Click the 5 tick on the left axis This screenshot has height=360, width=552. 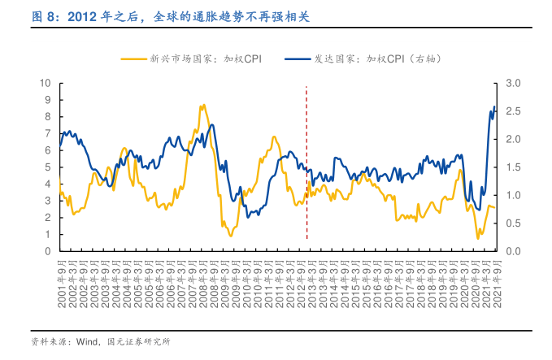48,167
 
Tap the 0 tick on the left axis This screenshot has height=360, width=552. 48,251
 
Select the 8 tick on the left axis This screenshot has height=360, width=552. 48,117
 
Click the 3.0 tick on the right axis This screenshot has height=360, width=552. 513,83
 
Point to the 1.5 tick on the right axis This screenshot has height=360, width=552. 513,167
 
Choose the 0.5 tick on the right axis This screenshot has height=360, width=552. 513,223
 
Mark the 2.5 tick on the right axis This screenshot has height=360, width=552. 513,111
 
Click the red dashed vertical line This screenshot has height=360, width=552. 306,163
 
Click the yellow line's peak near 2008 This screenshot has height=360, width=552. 202,105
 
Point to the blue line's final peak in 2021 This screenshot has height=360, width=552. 494,106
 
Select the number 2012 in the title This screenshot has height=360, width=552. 83,15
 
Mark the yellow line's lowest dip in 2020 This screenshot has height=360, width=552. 478,238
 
